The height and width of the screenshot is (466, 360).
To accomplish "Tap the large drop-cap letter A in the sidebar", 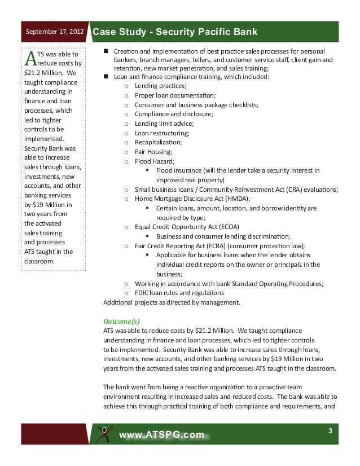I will tap(31, 58).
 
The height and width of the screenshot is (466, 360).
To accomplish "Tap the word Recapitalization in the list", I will tap(158, 143).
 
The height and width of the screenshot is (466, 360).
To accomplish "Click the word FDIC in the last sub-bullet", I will tap(143, 293).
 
